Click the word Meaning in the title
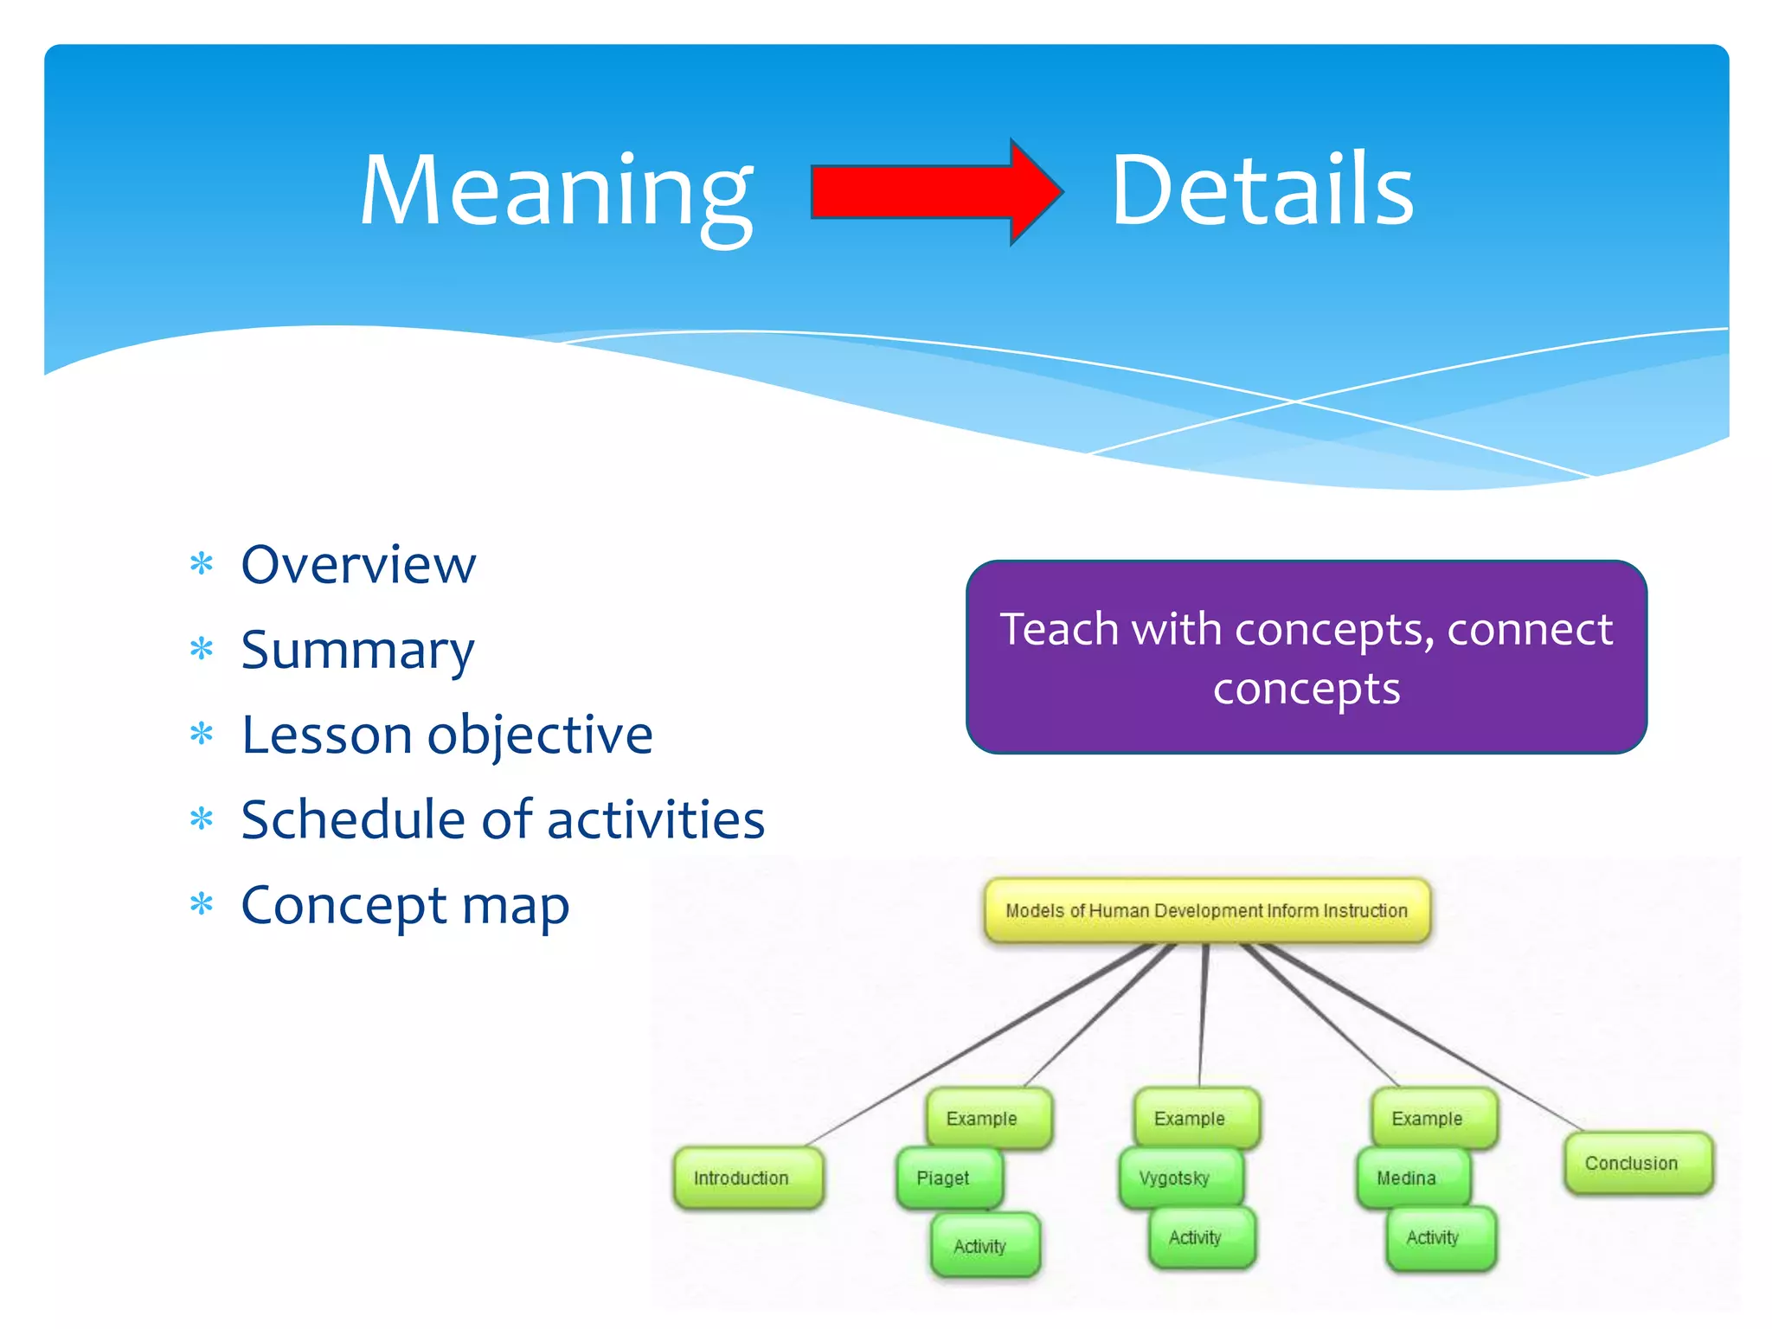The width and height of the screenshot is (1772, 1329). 556,192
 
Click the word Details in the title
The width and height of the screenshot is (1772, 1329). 1262,190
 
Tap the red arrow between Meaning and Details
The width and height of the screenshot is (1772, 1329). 934,192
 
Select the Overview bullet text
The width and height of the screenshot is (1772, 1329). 358,565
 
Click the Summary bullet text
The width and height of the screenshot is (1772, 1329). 357,651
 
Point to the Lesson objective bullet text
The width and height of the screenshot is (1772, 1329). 446,735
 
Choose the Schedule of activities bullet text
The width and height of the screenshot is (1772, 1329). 503,820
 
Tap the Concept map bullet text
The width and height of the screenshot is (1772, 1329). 405,905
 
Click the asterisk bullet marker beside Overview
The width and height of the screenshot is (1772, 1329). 202,565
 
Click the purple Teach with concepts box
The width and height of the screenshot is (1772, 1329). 1306,658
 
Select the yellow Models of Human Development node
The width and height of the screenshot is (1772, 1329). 1206,910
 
